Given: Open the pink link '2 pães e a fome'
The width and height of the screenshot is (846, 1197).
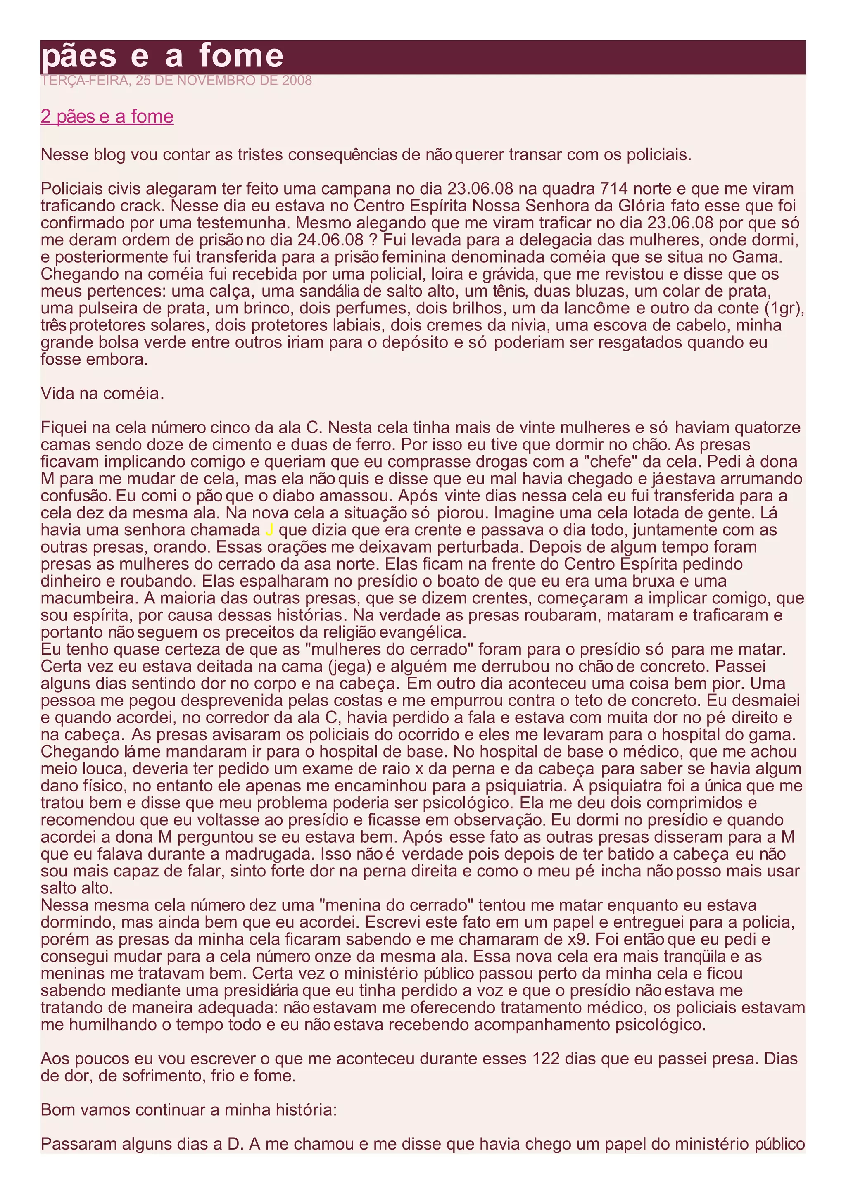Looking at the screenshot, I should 107,116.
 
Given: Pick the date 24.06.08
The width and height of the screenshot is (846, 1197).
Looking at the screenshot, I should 330,240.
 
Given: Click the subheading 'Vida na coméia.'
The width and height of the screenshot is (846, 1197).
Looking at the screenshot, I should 102,394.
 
